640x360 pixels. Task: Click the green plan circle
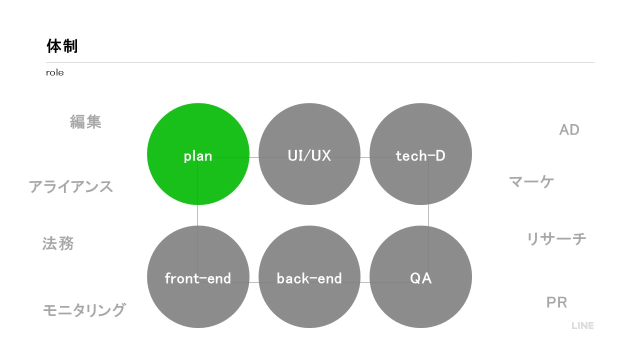198,154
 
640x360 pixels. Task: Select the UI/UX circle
309,154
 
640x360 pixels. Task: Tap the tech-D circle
420,154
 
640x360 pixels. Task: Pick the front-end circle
198,276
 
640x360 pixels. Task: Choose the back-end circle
309,276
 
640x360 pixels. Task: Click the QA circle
420,276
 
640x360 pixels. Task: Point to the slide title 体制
62,46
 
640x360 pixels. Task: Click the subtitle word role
55,72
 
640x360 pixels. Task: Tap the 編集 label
85,121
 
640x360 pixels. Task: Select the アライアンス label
71,186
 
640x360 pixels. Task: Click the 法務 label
58,243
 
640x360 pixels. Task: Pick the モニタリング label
84,310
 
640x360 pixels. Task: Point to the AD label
569,130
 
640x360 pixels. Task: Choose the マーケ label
531,181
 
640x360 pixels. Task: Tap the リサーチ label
556,239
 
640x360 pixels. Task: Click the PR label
556,302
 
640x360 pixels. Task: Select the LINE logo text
582,325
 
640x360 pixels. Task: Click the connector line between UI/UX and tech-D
365,157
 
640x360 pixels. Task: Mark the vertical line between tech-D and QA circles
428,215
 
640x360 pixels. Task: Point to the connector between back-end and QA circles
365,282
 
